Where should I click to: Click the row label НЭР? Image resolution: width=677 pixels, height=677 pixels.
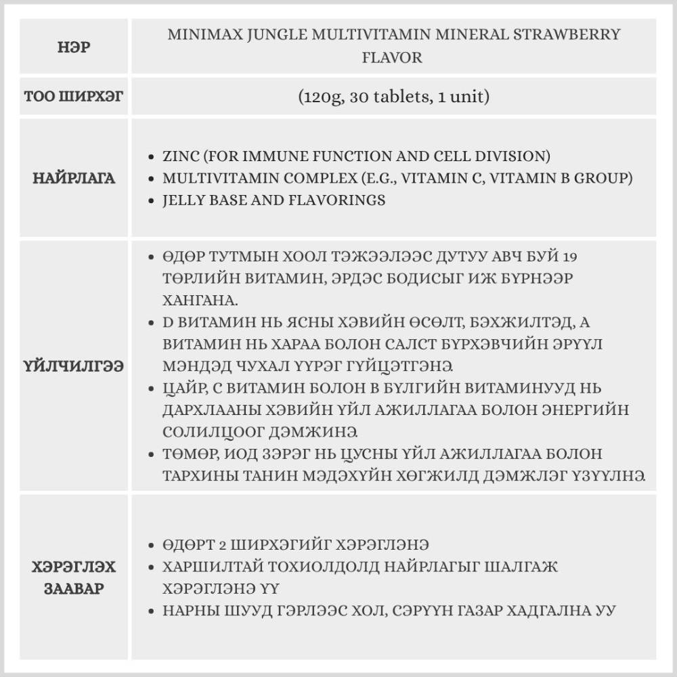pos(74,48)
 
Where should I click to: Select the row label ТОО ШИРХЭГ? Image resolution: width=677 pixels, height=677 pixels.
pos(74,97)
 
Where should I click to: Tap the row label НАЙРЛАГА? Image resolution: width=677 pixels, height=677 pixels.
pos(74,179)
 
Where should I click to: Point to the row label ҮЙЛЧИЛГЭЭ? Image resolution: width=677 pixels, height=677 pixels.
pos(74,366)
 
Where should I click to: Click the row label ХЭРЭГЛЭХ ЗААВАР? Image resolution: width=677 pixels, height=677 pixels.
pos(74,576)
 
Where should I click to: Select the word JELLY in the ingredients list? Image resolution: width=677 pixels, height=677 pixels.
pos(183,200)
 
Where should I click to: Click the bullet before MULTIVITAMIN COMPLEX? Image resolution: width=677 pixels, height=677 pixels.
pos(151,179)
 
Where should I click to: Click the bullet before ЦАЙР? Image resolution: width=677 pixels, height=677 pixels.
pos(151,389)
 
